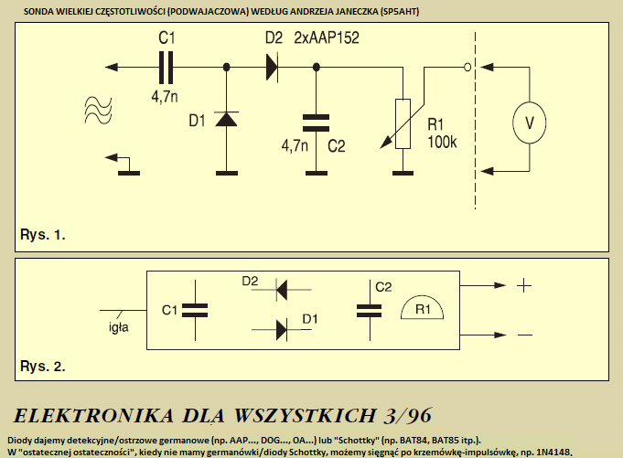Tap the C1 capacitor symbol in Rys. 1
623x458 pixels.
point(166,68)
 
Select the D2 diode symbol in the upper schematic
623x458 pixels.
point(273,68)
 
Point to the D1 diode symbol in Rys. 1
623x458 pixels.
point(227,119)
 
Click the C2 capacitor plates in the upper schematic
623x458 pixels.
point(317,123)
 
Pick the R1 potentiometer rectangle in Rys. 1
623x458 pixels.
point(403,123)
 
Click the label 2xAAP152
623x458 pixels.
point(327,37)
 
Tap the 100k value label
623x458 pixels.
point(442,142)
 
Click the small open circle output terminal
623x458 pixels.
point(467,68)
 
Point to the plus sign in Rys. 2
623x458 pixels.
point(524,285)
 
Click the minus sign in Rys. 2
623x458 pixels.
point(525,335)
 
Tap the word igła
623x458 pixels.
point(118,327)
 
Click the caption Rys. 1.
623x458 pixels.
point(42,235)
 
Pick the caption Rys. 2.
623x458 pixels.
point(42,366)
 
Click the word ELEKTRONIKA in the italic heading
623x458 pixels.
point(93,416)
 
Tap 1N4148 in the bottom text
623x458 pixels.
point(553,452)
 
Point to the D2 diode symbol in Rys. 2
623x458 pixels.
point(281,290)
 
